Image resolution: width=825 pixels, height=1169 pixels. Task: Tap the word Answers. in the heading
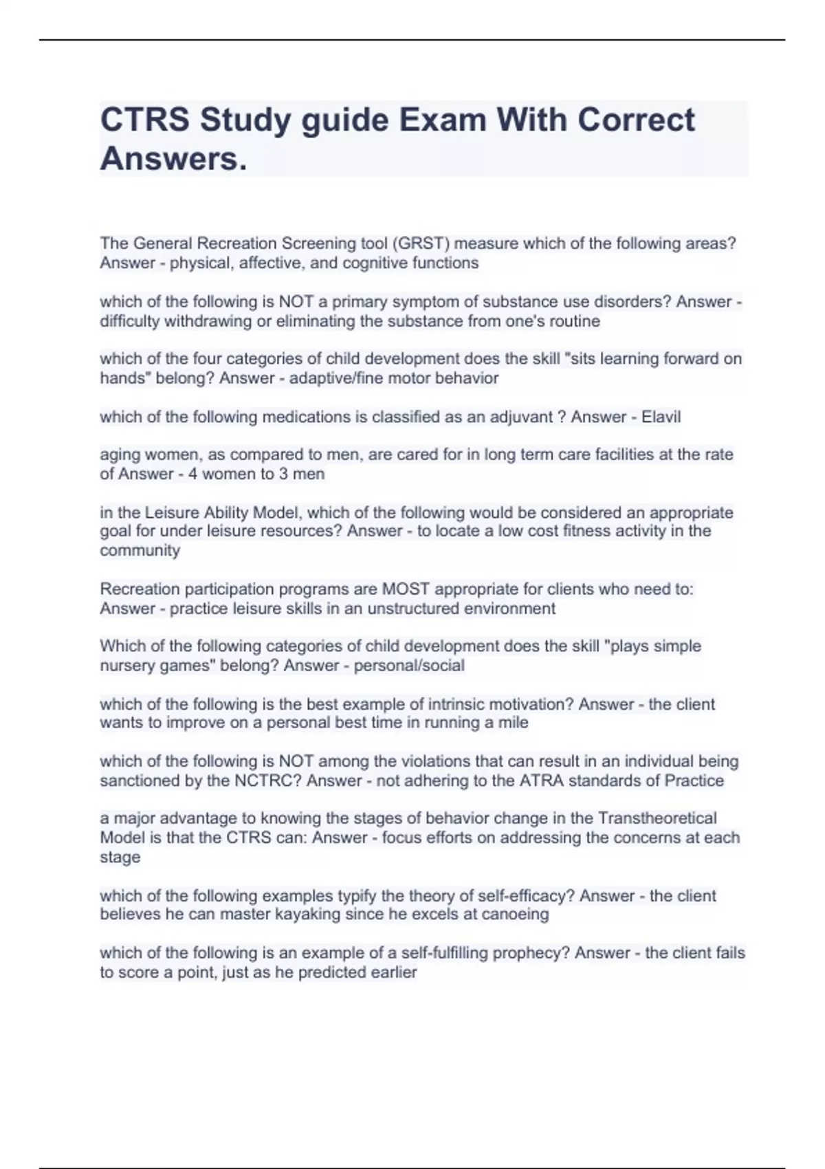173,159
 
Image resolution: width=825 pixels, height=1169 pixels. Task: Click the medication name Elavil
661,417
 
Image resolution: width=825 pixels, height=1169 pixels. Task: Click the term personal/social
409,666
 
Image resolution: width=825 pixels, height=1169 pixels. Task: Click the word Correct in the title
636,120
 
